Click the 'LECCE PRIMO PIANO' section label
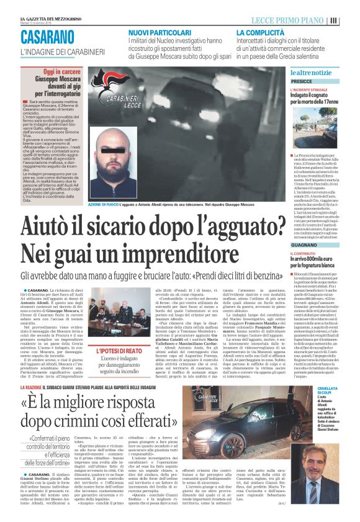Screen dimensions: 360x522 point(291,19)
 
